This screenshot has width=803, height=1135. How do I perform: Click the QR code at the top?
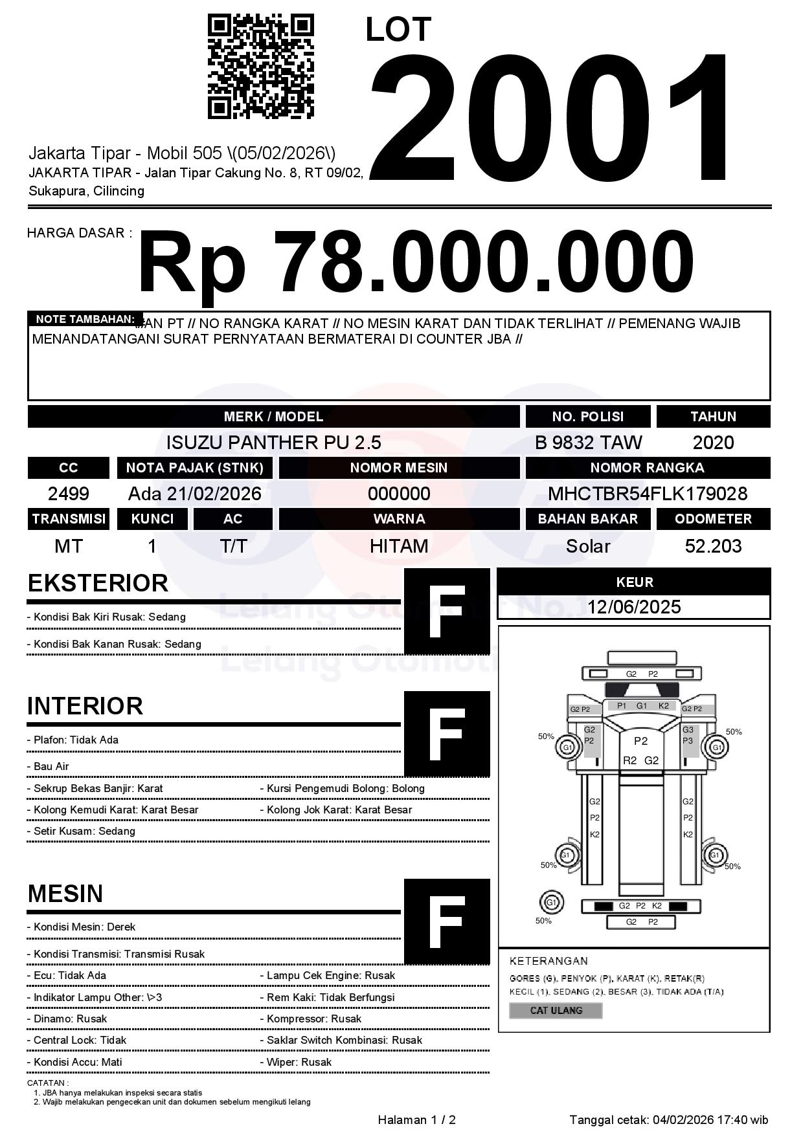260,67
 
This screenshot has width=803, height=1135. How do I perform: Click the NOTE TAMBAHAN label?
85,319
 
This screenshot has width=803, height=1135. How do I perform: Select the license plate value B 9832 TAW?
588,443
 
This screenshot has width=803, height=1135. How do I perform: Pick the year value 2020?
713,443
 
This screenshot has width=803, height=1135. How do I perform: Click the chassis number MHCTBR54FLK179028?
648,494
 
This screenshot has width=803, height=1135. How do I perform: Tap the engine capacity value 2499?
69,494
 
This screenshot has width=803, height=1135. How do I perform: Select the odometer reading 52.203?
713,546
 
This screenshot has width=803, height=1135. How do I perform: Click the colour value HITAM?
399,546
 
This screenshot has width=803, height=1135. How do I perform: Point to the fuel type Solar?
588,546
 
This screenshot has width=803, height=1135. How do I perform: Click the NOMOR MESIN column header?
399,468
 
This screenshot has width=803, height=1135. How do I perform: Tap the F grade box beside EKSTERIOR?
447,612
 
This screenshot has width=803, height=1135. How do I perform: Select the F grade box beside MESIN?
447,921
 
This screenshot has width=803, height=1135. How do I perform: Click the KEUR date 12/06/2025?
634,607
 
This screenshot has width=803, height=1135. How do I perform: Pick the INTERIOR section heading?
85,706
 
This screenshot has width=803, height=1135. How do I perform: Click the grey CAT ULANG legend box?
556,1010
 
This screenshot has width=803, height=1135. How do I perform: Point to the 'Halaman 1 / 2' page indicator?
416,1119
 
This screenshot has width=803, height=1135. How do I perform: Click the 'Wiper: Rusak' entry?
299,1062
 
